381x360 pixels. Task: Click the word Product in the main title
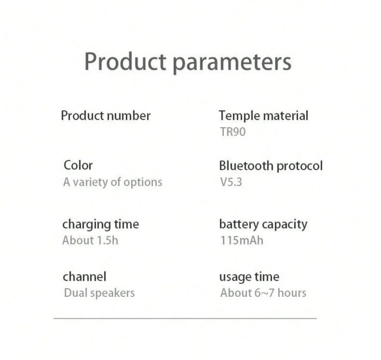[x=125, y=61]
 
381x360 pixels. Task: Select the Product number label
[x=106, y=116]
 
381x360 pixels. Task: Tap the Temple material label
[x=263, y=116]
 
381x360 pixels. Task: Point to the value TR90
[x=233, y=132]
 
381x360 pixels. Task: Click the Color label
[x=78, y=165]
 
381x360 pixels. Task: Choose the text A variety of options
[x=113, y=182]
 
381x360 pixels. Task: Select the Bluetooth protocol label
[x=271, y=166]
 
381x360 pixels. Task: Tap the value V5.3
[x=231, y=182]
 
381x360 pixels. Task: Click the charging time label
[x=101, y=225]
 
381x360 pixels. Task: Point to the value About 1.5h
[x=90, y=240]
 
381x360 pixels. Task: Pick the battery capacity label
[x=263, y=225]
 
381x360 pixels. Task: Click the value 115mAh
[x=242, y=240]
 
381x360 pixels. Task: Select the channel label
[x=84, y=277]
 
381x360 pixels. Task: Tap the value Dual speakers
[x=99, y=293]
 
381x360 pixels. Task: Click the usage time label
[x=249, y=277]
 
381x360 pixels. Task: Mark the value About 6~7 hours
[x=263, y=293]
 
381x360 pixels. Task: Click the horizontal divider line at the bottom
[x=185, y=318]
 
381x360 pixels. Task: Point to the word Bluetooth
[x=246, y=166]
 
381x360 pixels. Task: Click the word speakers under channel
[x=113, y=294]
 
